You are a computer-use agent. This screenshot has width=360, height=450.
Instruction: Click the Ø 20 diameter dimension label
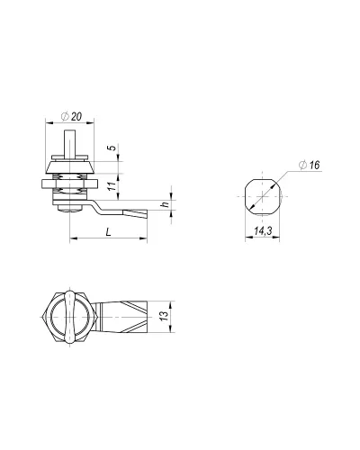[x=71, y=116]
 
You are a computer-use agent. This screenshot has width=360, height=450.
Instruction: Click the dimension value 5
[x=112, y=148]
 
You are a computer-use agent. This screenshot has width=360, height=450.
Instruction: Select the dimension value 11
[x=112, y=186]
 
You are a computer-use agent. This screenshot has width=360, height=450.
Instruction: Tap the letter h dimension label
[x=165, y=204]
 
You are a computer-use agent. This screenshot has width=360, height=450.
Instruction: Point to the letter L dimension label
[x=109, y=231]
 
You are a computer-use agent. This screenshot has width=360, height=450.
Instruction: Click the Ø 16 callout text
[x=310, y=165]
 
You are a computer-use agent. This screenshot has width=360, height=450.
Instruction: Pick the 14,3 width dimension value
[x=263, y=230]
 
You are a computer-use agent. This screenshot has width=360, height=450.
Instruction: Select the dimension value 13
[x=164, y=316]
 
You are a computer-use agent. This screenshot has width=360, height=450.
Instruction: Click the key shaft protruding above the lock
[x=70, y=142]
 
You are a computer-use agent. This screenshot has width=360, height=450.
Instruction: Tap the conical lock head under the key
[x=70, y=167]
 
